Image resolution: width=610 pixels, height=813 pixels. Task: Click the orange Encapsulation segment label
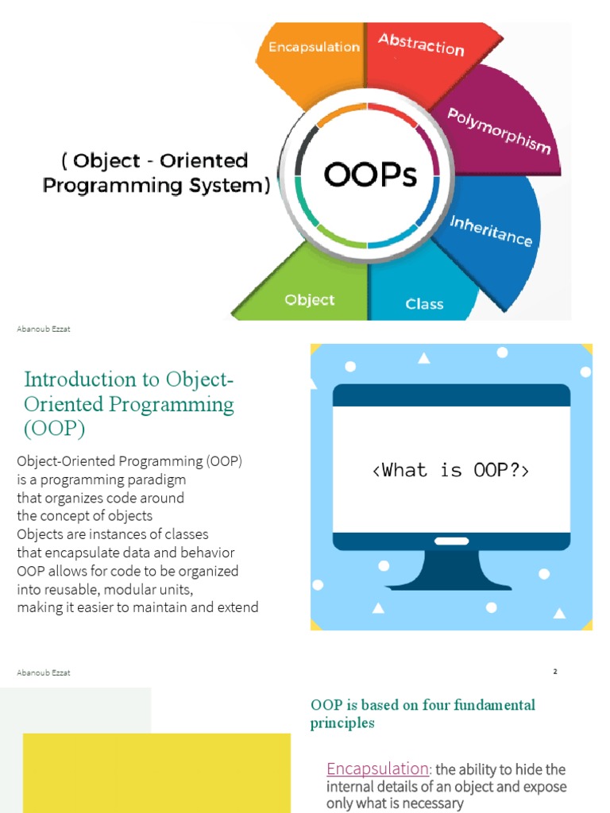click(x=314, y=47)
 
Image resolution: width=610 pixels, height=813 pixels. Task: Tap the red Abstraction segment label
click(x=421, y=44)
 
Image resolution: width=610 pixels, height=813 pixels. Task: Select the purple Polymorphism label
click(x=499, y=131)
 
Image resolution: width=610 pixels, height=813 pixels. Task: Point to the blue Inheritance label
click(x=491, y=231)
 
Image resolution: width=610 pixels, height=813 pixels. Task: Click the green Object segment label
click(x=310, y=299)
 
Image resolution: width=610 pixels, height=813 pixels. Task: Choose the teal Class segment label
click(x=424, y=304)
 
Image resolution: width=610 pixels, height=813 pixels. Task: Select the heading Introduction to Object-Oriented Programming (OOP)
click(x=129, y=404)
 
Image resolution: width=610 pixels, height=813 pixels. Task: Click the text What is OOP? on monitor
click(x=451, y=470)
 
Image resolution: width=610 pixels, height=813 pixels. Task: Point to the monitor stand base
click(x=449, y=586)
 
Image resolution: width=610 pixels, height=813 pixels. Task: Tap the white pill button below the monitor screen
click(x=452, y=541)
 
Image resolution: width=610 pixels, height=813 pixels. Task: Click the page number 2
click(x=555, y=672)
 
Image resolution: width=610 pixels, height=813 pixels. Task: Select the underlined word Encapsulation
click(x=377, y=769)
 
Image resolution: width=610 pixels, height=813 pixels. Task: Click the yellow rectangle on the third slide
click(x=156, y=773)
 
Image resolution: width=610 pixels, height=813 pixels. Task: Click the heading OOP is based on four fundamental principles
click(x=423, y=714)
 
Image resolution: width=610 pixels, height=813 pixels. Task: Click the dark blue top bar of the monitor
click(x=451, y=395)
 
